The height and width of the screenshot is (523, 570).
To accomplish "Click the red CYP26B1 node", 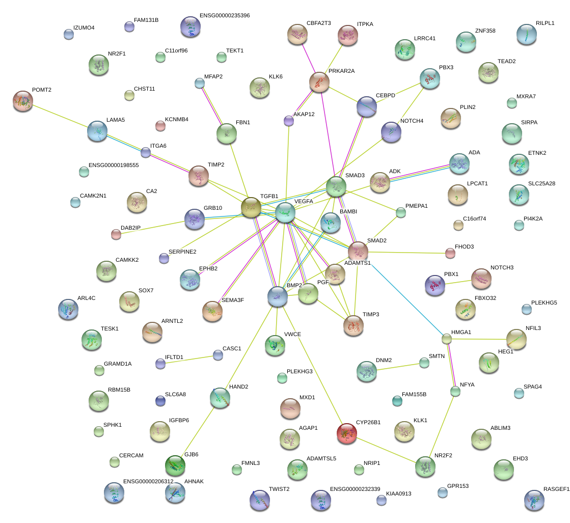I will [x=347, y=433].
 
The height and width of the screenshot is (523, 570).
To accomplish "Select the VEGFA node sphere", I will [x=285, y=213].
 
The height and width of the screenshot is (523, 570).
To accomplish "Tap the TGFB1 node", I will [x=251, y=207].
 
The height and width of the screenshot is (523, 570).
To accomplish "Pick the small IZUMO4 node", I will [x=69, y=34].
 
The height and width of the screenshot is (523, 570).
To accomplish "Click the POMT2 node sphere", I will [x=22, y=101].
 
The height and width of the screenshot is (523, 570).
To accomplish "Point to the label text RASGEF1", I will [x=556, y=489].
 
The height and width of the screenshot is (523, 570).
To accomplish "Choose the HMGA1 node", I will [x=446, y=338].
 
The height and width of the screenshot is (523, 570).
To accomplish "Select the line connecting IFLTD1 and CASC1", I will [x=189, y=359].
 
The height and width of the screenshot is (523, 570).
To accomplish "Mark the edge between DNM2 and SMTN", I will [x=400, y=367].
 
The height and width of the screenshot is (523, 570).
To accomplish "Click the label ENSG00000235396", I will [x=225, y=16].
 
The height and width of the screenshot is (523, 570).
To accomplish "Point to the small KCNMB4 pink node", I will [x=160, y=126].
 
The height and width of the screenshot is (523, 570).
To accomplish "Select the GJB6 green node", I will [x=175, y=464].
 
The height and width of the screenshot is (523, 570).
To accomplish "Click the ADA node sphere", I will [x=459, y=163].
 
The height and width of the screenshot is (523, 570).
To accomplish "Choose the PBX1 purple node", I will [x=435, y=285].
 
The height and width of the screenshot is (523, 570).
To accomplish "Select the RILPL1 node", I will [x=526, y=34].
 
